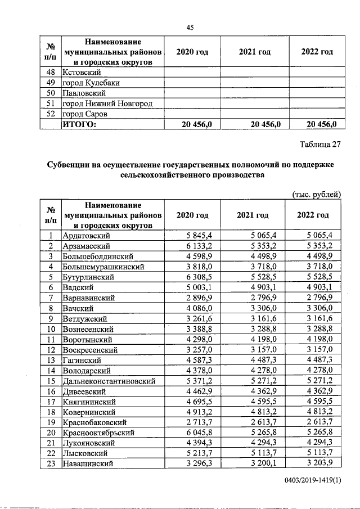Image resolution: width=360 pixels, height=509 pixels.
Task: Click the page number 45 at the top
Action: tap(190, 26)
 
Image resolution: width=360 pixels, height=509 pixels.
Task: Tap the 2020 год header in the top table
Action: tap(192, 52)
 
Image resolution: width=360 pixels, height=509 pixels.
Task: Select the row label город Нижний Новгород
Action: tap(107, 103)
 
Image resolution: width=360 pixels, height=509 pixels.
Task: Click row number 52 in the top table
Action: tap(51, 114)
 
